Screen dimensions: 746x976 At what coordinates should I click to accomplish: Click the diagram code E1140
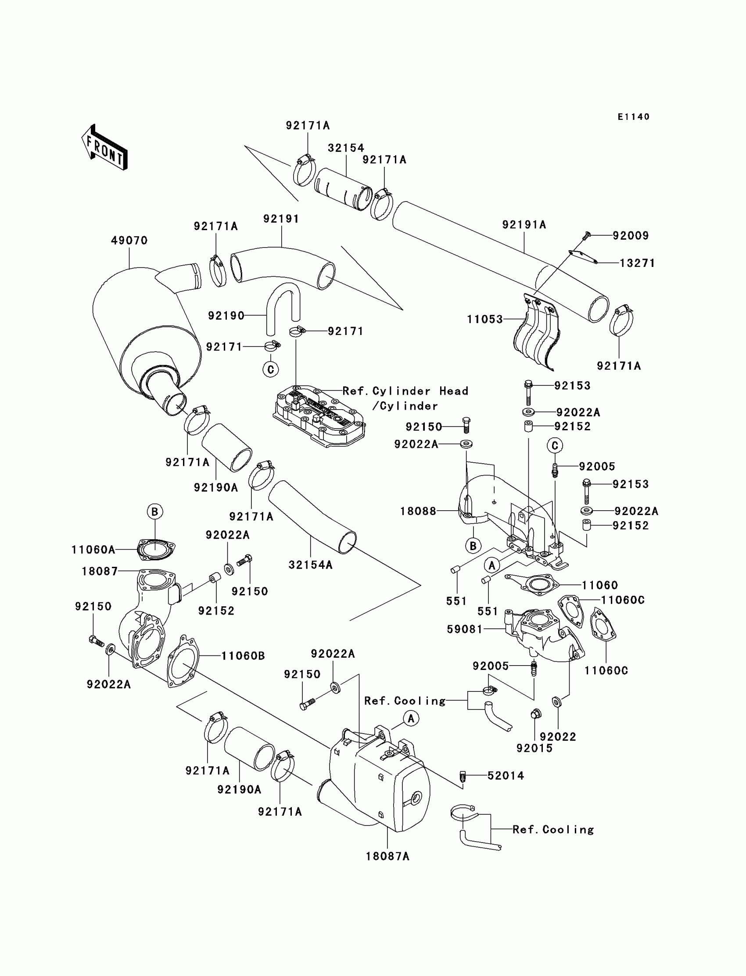click(634, 117)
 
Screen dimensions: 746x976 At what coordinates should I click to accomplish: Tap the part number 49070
click(129, 240)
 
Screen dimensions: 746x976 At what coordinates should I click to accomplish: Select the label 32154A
click(310, 565)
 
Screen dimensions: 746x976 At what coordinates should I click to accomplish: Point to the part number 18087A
click(387, 856)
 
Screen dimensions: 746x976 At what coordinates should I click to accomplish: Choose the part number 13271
click(637, 263)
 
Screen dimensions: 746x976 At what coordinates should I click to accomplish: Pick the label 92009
click(631, 235)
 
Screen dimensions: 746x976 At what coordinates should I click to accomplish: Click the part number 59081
click(465, 629)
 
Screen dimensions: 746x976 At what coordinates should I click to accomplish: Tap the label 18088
click(418, 511)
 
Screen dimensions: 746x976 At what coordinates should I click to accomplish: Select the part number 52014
click(506, 776)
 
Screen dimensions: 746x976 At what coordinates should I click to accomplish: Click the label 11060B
click(244, 655)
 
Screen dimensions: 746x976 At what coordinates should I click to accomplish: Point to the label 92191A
click(524, 225)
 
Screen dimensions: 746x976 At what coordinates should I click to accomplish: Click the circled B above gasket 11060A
click(155, 512)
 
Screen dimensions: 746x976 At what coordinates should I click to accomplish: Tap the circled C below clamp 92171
click(271, 369)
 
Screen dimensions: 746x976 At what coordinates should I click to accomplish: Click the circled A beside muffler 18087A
click(411, 718)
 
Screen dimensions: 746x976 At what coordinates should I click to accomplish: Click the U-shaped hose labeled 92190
click(283, 308)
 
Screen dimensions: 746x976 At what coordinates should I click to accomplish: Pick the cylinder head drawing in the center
click(319, 416)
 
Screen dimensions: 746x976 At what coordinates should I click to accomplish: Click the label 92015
click(534, 748)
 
